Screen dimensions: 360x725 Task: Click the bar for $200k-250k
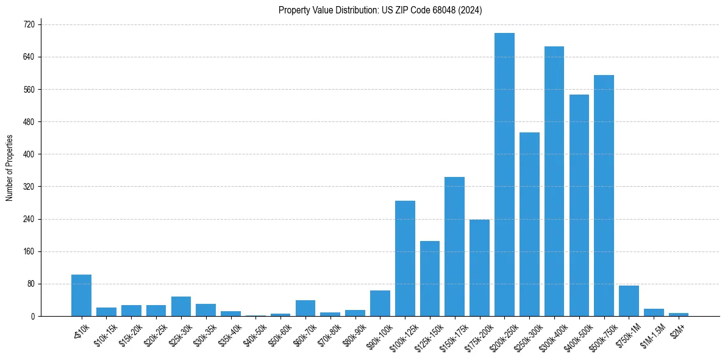(x=504, y=175)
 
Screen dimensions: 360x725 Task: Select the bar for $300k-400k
(x=554, y=181)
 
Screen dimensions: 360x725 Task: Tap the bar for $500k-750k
(x=604, y=195)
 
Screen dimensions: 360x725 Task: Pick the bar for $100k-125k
(x=405, y=258)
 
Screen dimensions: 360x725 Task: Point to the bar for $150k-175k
(x=455, y=247)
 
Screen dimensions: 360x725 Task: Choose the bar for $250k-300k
(x=529, y=224)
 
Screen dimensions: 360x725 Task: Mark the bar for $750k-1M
(x=629, y=301)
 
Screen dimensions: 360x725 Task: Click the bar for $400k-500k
(x=579, y=205)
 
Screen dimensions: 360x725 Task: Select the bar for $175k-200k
(x=479, y=268)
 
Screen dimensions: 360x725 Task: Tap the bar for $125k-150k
(x=430, y=278)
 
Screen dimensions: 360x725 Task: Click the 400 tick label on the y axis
(x=29, y=154)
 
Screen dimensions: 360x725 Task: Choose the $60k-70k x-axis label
(x=304, y=333)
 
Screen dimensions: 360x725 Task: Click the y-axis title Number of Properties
(x=9, y=168)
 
